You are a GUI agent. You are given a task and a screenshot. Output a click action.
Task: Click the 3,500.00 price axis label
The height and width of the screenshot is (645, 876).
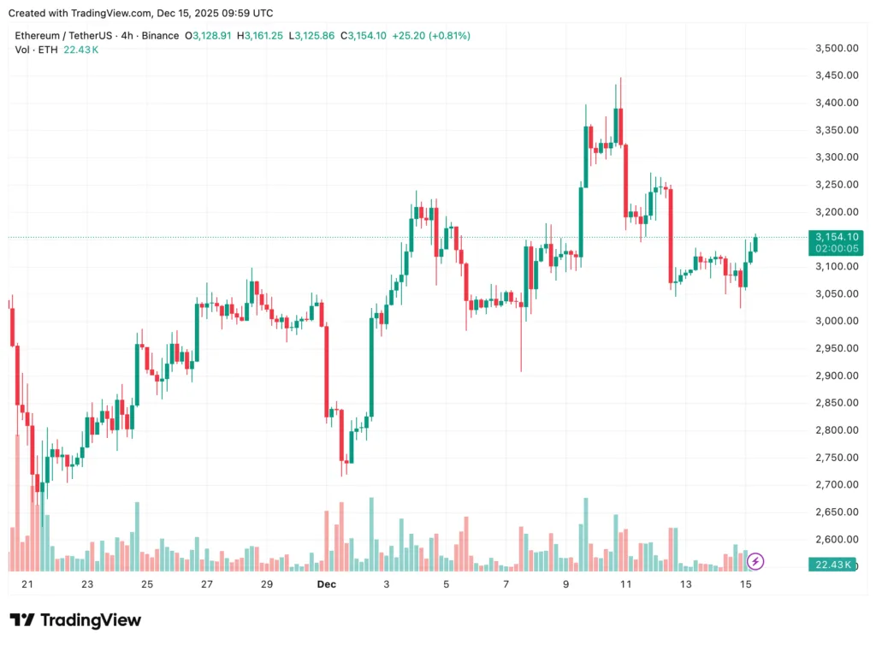coord(837,48)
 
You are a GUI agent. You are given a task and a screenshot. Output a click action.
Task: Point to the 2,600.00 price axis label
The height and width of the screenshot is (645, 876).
coord(837,539)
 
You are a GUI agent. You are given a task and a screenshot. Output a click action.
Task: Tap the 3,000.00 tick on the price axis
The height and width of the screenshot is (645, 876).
coord(837,321)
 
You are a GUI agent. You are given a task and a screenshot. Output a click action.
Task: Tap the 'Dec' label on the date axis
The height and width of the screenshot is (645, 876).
coord(326,584)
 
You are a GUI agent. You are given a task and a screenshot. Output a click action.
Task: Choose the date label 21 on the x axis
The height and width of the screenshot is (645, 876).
coord(27,584)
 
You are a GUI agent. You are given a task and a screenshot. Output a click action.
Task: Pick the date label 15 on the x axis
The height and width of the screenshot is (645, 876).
coord(745,584)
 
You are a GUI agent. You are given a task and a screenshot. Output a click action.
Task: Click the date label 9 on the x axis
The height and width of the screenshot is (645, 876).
coord(565,584)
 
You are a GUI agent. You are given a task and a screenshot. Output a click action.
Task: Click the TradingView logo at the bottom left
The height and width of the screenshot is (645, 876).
coord(75,620)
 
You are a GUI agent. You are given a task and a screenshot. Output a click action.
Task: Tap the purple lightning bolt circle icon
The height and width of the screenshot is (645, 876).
coord(755,561)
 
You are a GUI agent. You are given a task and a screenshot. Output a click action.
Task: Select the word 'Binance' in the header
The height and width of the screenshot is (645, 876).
coord(160,36)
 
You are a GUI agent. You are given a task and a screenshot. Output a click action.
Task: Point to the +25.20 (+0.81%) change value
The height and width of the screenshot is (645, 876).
coord(431,36)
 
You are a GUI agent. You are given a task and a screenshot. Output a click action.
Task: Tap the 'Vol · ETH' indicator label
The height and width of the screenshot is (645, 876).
coord(36,50)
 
